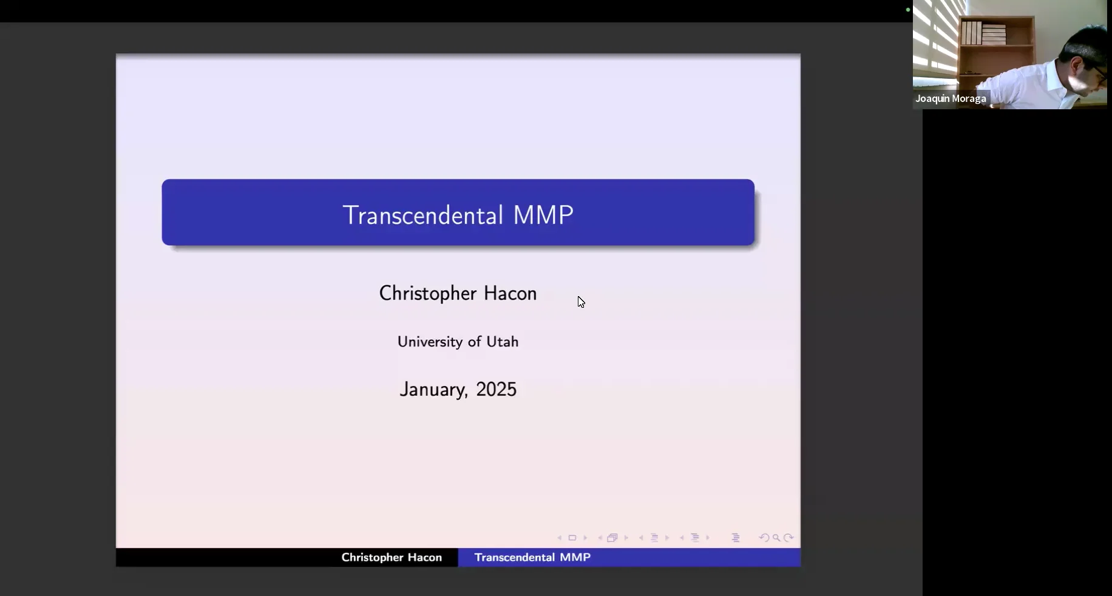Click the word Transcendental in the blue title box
[x=422, y=215]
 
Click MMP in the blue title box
[x=543, y=215]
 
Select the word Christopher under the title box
[x=427, y=294]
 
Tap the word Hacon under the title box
[x=510, y=294]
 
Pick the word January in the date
[x=433, y=390]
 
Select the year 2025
[x=496, y=390]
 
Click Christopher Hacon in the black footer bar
[x=392, y=557]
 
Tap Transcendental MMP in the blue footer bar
[x=532, y=557]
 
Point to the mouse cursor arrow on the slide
[x=581, y=302]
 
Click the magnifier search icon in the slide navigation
[x=776, y=538]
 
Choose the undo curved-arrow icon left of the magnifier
[x=764, y=538]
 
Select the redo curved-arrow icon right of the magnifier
[x=788, y=538]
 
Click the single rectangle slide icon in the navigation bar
[x=572, y=538]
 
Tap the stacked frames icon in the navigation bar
[x=612, y=538]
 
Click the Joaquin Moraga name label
[x=951, y=98]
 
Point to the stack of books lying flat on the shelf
[x=994, y=35]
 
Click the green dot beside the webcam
[x=908, y=10]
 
